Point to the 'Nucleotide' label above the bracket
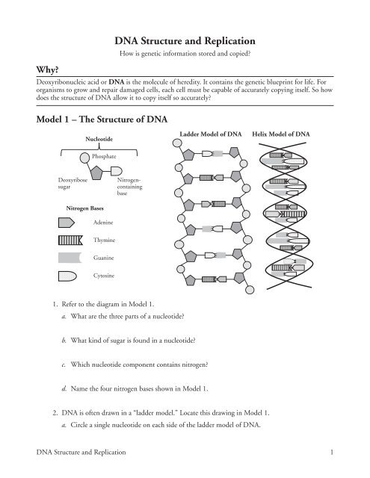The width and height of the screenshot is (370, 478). tap(99, 139)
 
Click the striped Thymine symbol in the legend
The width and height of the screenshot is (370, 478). tap(69, 240)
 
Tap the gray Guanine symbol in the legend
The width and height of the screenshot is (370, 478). tap(69, 258)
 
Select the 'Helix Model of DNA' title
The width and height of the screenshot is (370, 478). tap(281, 134)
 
